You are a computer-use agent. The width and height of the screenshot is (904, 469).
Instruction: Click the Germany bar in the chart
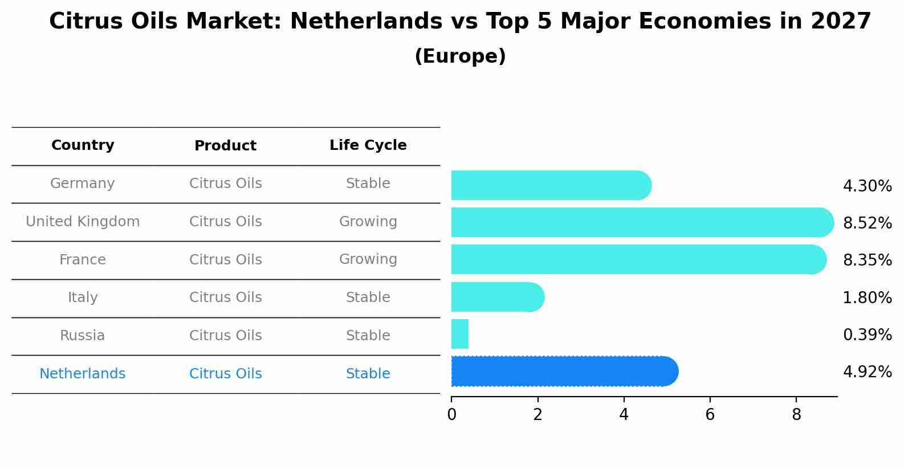coord(551,185)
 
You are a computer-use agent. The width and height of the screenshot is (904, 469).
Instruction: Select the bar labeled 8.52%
coord(642,222)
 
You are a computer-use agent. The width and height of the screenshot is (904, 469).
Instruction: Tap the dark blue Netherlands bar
coord(564,372)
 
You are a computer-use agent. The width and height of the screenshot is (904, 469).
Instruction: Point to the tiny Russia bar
coord(459,334)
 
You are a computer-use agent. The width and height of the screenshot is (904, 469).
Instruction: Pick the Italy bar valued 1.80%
coord(497,297)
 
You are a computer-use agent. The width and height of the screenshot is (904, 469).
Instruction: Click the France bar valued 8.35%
coord(638,259)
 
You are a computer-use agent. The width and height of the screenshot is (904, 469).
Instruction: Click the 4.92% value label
coord(867,372)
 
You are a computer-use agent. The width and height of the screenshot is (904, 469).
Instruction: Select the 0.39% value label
coord(867,335)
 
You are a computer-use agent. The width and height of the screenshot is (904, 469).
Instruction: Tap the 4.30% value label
coord(867,186)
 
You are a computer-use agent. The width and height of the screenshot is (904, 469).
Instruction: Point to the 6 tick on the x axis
coord(710,415)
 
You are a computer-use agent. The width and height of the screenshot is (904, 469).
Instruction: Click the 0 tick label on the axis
coord(451,415)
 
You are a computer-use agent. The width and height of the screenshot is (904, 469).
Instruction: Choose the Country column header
coord(83,145)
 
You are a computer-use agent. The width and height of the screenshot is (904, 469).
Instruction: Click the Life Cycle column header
coord(368,145)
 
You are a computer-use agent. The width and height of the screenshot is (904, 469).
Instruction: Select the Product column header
coord(225,146)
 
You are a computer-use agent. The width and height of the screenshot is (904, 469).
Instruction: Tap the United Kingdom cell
coord(83,222)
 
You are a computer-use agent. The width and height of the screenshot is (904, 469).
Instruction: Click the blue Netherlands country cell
coord(83,374)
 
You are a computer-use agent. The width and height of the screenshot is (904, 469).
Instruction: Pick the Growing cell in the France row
coord(368,259)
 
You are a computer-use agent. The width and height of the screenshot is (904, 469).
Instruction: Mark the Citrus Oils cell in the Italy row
coord(225,297)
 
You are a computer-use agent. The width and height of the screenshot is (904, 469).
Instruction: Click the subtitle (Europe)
coord(460,56)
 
